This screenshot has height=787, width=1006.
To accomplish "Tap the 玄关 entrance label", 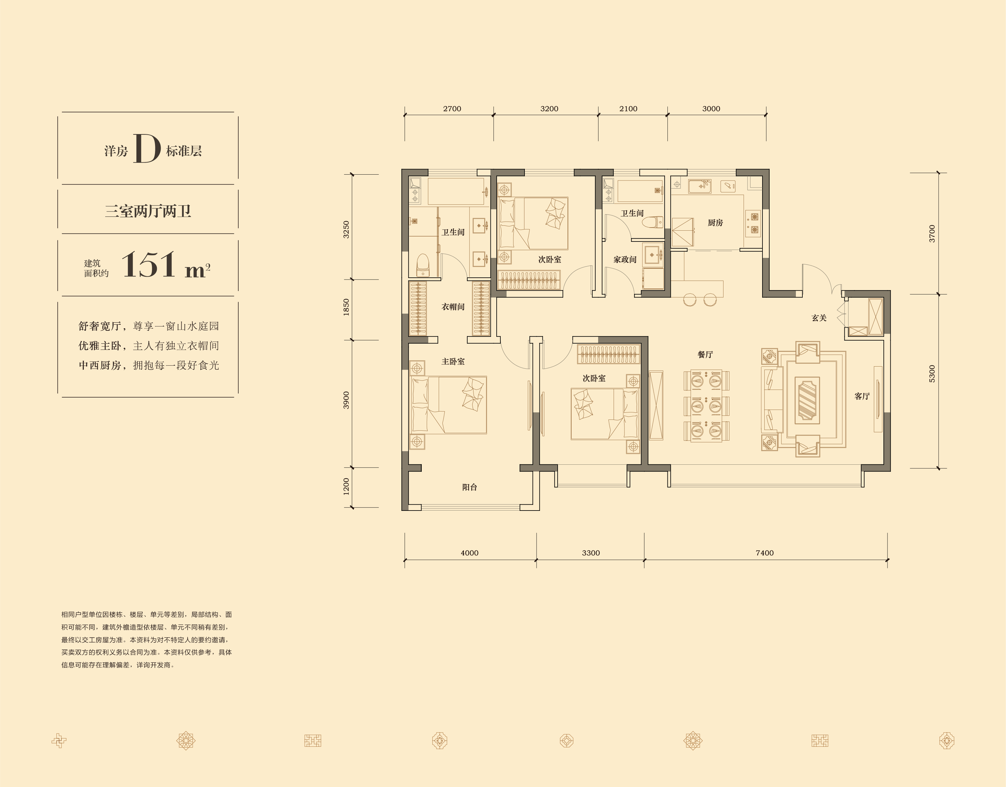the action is pyautogui.click(x=819, y=318).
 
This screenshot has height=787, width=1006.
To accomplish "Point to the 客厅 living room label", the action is pyautogui.click(x=862, y=396).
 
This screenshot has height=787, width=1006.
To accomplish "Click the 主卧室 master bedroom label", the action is pyautogui.click(x=453, y=362).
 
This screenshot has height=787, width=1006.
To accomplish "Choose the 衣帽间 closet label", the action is pyautogui.click(x=453, y=307).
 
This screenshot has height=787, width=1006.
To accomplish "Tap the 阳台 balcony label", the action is pyautogui.click(x=469, y=487).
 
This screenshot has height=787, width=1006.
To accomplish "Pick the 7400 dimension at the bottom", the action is pyautogui.click(x=765, y=553).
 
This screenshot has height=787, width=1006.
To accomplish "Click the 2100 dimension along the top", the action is pyautogui.click(x=628, y=109).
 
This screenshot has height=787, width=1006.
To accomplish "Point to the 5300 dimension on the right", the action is pyautogui.click(x=932, y=374).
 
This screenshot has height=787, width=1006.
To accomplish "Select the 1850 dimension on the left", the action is pyautogui.click(x=346, y=307).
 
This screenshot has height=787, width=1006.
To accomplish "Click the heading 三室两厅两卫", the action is pyautogui.click(x=148, y=211).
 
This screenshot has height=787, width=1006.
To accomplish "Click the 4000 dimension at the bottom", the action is pyautogui.click(x=469, y=553).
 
